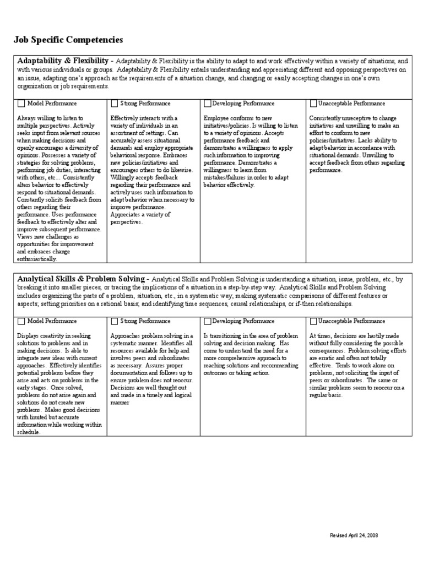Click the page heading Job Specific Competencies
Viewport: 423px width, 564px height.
68,40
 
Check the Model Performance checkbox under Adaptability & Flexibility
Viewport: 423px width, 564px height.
21,103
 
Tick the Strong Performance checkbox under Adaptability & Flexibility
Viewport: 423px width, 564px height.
114,103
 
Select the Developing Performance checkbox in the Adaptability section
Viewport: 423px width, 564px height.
207,103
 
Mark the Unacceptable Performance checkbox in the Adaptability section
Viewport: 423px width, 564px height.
313,103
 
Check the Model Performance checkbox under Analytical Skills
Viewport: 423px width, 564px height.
21,321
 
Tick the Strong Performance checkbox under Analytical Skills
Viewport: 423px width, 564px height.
114,321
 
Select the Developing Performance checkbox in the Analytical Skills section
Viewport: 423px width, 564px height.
207,321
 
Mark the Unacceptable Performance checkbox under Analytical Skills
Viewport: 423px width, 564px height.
313,321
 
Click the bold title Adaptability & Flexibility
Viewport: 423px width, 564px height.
63,61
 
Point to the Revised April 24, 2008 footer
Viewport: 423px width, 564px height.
354,535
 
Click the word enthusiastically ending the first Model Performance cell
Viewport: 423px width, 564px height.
36,259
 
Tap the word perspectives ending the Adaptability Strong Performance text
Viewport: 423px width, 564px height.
126,222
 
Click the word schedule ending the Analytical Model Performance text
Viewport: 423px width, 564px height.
29,432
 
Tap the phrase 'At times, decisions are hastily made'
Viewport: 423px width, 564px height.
354,336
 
